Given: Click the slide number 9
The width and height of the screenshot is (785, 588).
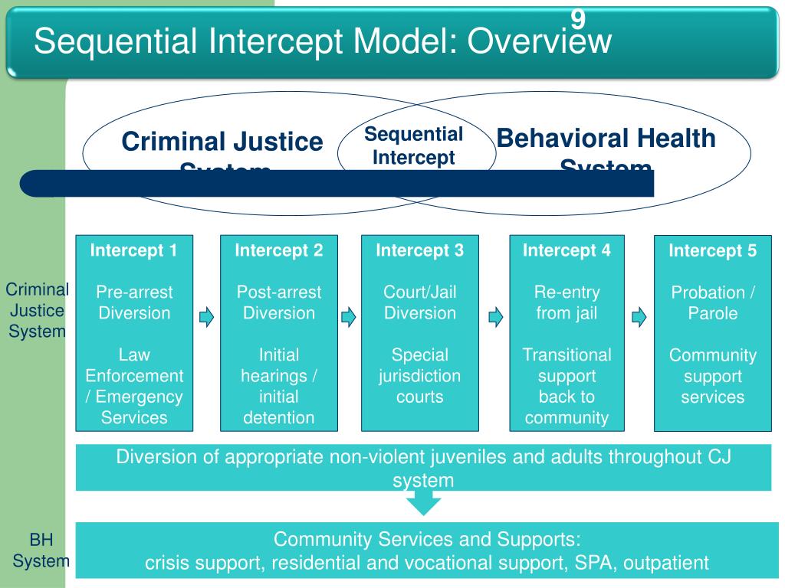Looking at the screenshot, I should [x=578, y=18].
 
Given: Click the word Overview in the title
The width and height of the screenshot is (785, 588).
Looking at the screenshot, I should [x=540, y=41].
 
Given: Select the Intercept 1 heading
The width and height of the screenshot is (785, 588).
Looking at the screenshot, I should [x=134, y=250].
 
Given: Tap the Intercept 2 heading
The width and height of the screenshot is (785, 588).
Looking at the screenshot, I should [x=279, y=250].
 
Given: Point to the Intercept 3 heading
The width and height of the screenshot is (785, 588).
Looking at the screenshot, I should [x=420, y=250].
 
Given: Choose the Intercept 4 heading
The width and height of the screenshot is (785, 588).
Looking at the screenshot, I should [x=567, y=250].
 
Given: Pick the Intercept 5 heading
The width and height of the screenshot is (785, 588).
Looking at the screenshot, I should [x=713, y=250].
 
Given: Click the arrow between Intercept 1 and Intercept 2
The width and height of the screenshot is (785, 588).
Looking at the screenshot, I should [x=206, y=316].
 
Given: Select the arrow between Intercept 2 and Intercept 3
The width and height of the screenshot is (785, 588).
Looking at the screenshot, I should [x=349, y=316].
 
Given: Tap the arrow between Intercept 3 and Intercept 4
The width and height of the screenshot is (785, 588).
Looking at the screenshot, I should [x=495, y=316].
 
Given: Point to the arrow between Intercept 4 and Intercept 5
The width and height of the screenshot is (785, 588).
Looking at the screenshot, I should [x=639, y=316].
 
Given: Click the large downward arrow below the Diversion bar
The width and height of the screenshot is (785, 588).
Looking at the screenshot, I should [x=423, y=503].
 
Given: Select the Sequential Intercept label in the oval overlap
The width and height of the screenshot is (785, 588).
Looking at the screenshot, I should [x=414, y=146].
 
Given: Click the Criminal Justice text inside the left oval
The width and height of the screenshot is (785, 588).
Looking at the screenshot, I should [x=222, y=142].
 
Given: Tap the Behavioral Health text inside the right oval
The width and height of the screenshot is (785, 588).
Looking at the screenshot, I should [x=606, y=139].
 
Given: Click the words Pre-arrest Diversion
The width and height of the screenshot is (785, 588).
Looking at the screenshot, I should [x=134, y=302].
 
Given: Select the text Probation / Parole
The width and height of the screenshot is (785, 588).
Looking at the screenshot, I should [x=713, y=303].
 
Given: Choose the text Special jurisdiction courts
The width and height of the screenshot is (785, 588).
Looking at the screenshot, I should [x=420, y=376].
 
